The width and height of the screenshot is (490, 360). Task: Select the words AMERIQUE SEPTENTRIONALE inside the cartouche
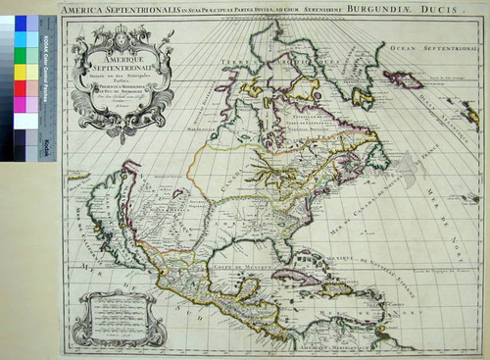[x=117, y=61]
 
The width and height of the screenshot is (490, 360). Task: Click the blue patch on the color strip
[x=21, y=23]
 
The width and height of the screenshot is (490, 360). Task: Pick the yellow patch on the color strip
[x=21, y=72]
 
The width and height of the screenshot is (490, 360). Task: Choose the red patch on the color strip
[x=21, y=88]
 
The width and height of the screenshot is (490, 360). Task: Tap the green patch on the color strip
[x=21, y=56]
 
